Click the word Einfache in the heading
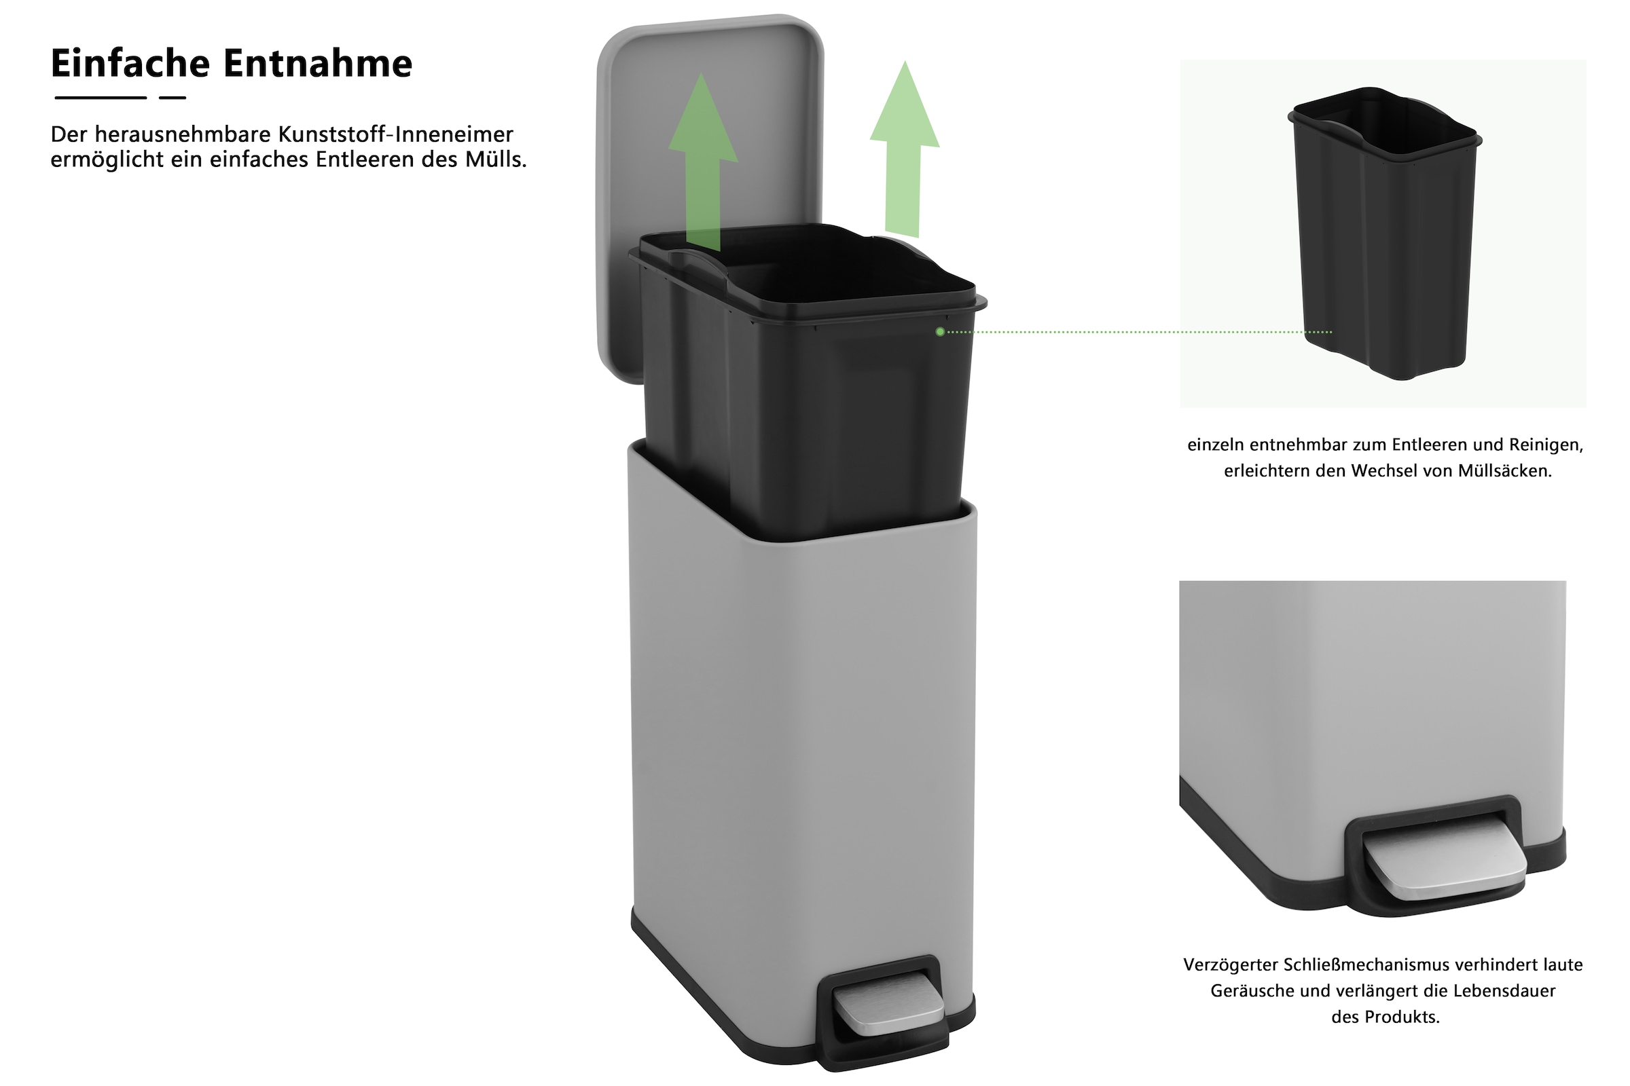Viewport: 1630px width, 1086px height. coord(130,63)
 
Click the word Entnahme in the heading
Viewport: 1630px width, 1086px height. coord(318,63)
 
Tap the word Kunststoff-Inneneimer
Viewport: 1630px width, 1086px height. coord(396,134)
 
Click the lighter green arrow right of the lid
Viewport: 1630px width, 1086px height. coord(905,149)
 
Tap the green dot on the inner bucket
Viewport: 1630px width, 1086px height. coord(940,332)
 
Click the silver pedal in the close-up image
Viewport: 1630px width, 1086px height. coord(1445,859)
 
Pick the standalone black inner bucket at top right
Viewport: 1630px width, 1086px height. coord(1385,233)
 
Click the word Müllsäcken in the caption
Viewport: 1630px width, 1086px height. coord(1504,471)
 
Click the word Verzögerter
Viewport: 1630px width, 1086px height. coord(1230,965)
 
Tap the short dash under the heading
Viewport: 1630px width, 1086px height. coord(173,98)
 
